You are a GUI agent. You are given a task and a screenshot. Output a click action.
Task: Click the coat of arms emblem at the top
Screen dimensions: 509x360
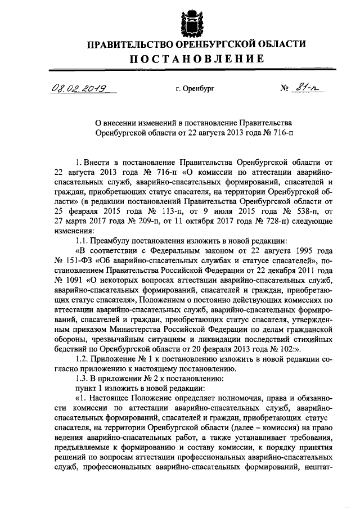click(191, 21)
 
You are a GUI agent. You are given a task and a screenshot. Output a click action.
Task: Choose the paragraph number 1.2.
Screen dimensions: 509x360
click(83, 359)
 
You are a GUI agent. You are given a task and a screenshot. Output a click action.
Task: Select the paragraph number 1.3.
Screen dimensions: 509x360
click(83, 379)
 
